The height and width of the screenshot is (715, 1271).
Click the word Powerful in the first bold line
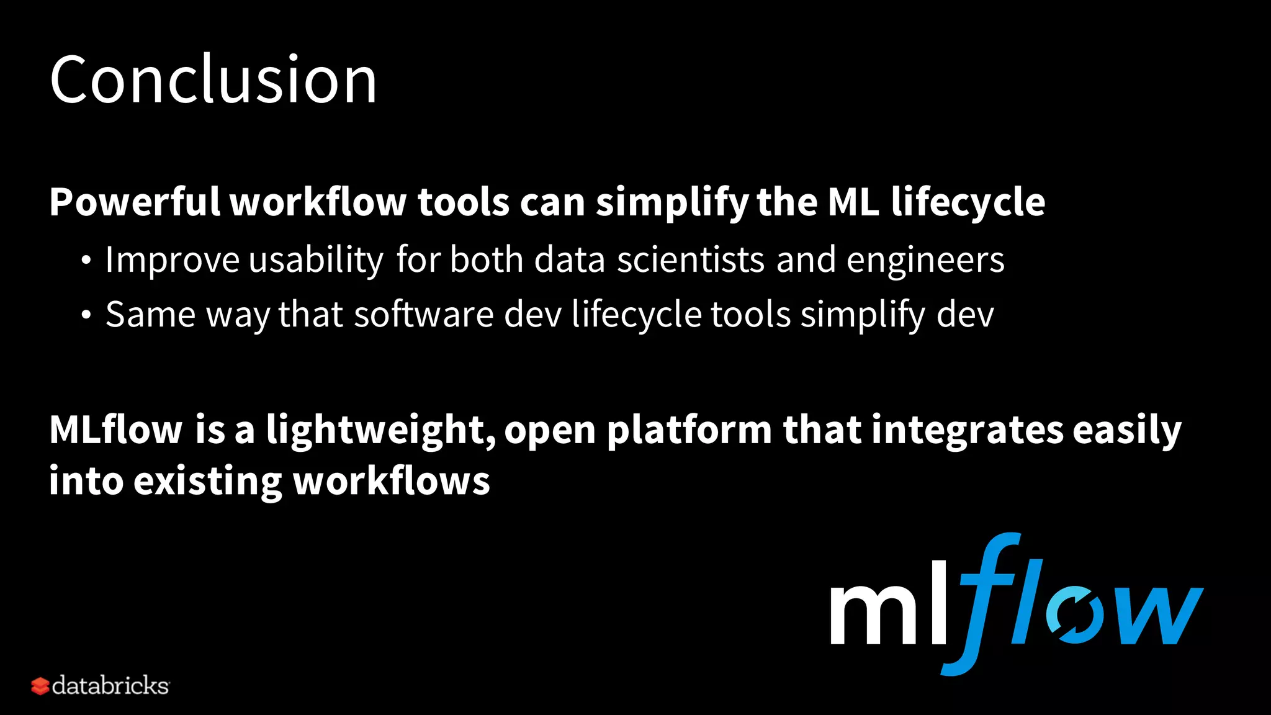(135, 202)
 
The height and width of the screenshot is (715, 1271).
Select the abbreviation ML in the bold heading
(854, 202)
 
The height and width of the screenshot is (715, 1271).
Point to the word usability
(316, 260)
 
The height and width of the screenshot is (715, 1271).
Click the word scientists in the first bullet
(691, 259)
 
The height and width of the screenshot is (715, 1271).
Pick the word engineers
(925, 260)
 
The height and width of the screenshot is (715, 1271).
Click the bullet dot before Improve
(86, 261)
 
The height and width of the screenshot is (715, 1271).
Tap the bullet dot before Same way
(86, 316)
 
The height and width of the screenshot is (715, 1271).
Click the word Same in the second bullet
(151, 315)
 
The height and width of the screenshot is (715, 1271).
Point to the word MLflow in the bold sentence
(116, 429)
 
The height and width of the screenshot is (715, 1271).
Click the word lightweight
(380, 431)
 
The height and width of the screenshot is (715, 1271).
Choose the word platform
(689, 431)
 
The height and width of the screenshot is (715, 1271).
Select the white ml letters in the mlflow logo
(889, 605)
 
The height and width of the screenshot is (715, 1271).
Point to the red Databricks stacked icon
(40, 686)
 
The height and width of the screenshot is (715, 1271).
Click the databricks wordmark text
(110, 686)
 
